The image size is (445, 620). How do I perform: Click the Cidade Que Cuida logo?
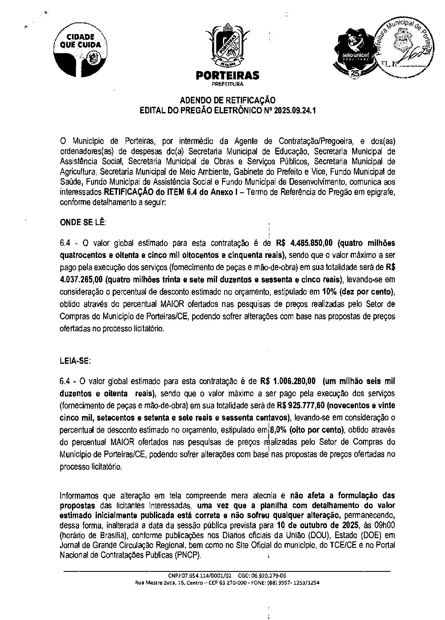coord(80,48)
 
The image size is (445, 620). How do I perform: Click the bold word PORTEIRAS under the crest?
coord(227,75)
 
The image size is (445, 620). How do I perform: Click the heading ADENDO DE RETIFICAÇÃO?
coord(227,100)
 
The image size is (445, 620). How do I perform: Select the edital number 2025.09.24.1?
coord(291,110)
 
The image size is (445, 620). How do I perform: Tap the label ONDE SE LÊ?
coord(83,222)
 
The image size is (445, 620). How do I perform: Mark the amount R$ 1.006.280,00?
coord(288,381)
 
